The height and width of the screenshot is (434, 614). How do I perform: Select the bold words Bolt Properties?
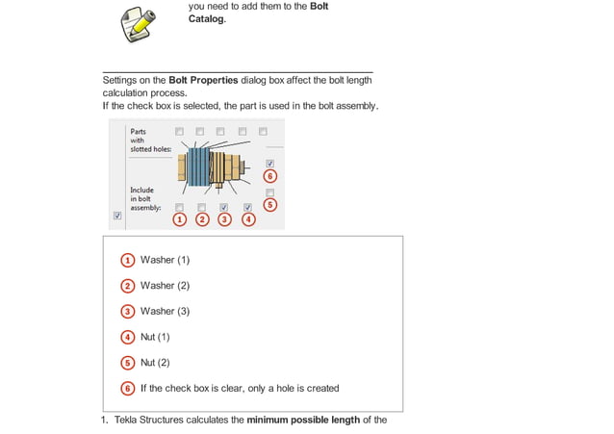[203, 80]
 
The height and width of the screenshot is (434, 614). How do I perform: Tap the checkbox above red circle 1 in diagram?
[180, 207]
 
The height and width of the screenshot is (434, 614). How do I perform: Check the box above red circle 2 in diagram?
[202, 207]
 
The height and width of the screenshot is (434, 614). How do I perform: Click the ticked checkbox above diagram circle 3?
[224, 207]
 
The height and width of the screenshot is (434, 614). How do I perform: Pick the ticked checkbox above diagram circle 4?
[247, 207]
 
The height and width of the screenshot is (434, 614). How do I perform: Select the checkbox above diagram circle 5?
[269, 192]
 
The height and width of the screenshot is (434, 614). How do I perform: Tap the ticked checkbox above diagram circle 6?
[269, 164]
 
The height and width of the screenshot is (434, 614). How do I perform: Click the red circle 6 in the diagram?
[269, 176]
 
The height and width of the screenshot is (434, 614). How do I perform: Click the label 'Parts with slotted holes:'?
[149, 140]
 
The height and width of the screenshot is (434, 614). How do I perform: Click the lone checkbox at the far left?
[117, 217]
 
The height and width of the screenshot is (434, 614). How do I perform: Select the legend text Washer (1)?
[165, 260]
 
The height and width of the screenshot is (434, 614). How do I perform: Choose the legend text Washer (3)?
[165, 311]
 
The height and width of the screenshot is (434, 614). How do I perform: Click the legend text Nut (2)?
[155, 363]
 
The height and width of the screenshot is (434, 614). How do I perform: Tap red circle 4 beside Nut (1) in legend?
[128, 337]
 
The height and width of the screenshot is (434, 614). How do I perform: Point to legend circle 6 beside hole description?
[128, 389]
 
